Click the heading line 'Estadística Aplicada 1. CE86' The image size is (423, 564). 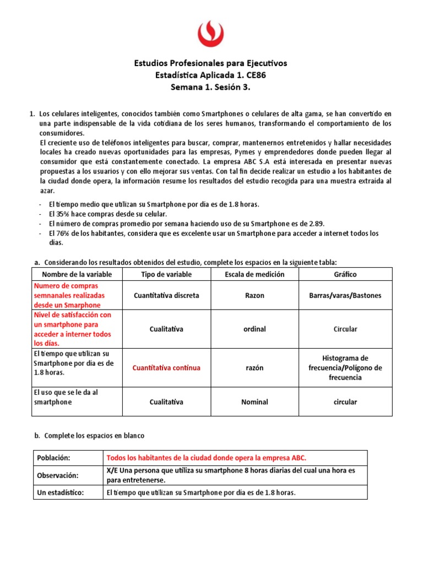(x=211, y=75)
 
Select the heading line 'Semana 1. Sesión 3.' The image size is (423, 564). (x=211, y=87)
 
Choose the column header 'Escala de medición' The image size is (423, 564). (x=254, y=274)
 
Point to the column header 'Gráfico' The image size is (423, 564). (x=345, y=274)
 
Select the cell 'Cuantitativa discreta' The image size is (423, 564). (x=166, y=296)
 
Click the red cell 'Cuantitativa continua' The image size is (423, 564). (x=166, y=367)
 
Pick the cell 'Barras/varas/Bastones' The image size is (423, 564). (x=345, y=296)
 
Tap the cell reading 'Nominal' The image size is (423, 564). (x=254, y=402)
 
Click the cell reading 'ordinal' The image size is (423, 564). (x=254, y=329)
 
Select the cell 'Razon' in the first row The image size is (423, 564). (x=254, y=296)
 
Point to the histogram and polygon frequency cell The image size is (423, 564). (x=345, y=367)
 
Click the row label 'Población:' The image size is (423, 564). (x=53, y=458)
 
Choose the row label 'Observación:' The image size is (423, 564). (x=58, y=475)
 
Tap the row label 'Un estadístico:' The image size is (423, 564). (x=60, y=492)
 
